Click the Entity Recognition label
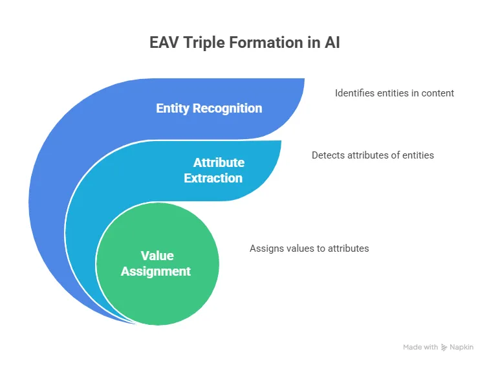tap(209, 108)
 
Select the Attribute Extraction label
tap(214, 170)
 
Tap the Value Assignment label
tap(156, 263)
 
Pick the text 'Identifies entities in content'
tap(394, 93)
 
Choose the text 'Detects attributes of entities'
tap(373, 155)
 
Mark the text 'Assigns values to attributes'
tap(309, 248)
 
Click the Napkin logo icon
tap(444, 348)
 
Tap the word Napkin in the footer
tap(462, 348)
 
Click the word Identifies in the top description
tap(354, 93)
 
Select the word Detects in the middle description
tap(327, 155)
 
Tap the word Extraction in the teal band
tap(213, 178)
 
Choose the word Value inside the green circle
tap(156, 255)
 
